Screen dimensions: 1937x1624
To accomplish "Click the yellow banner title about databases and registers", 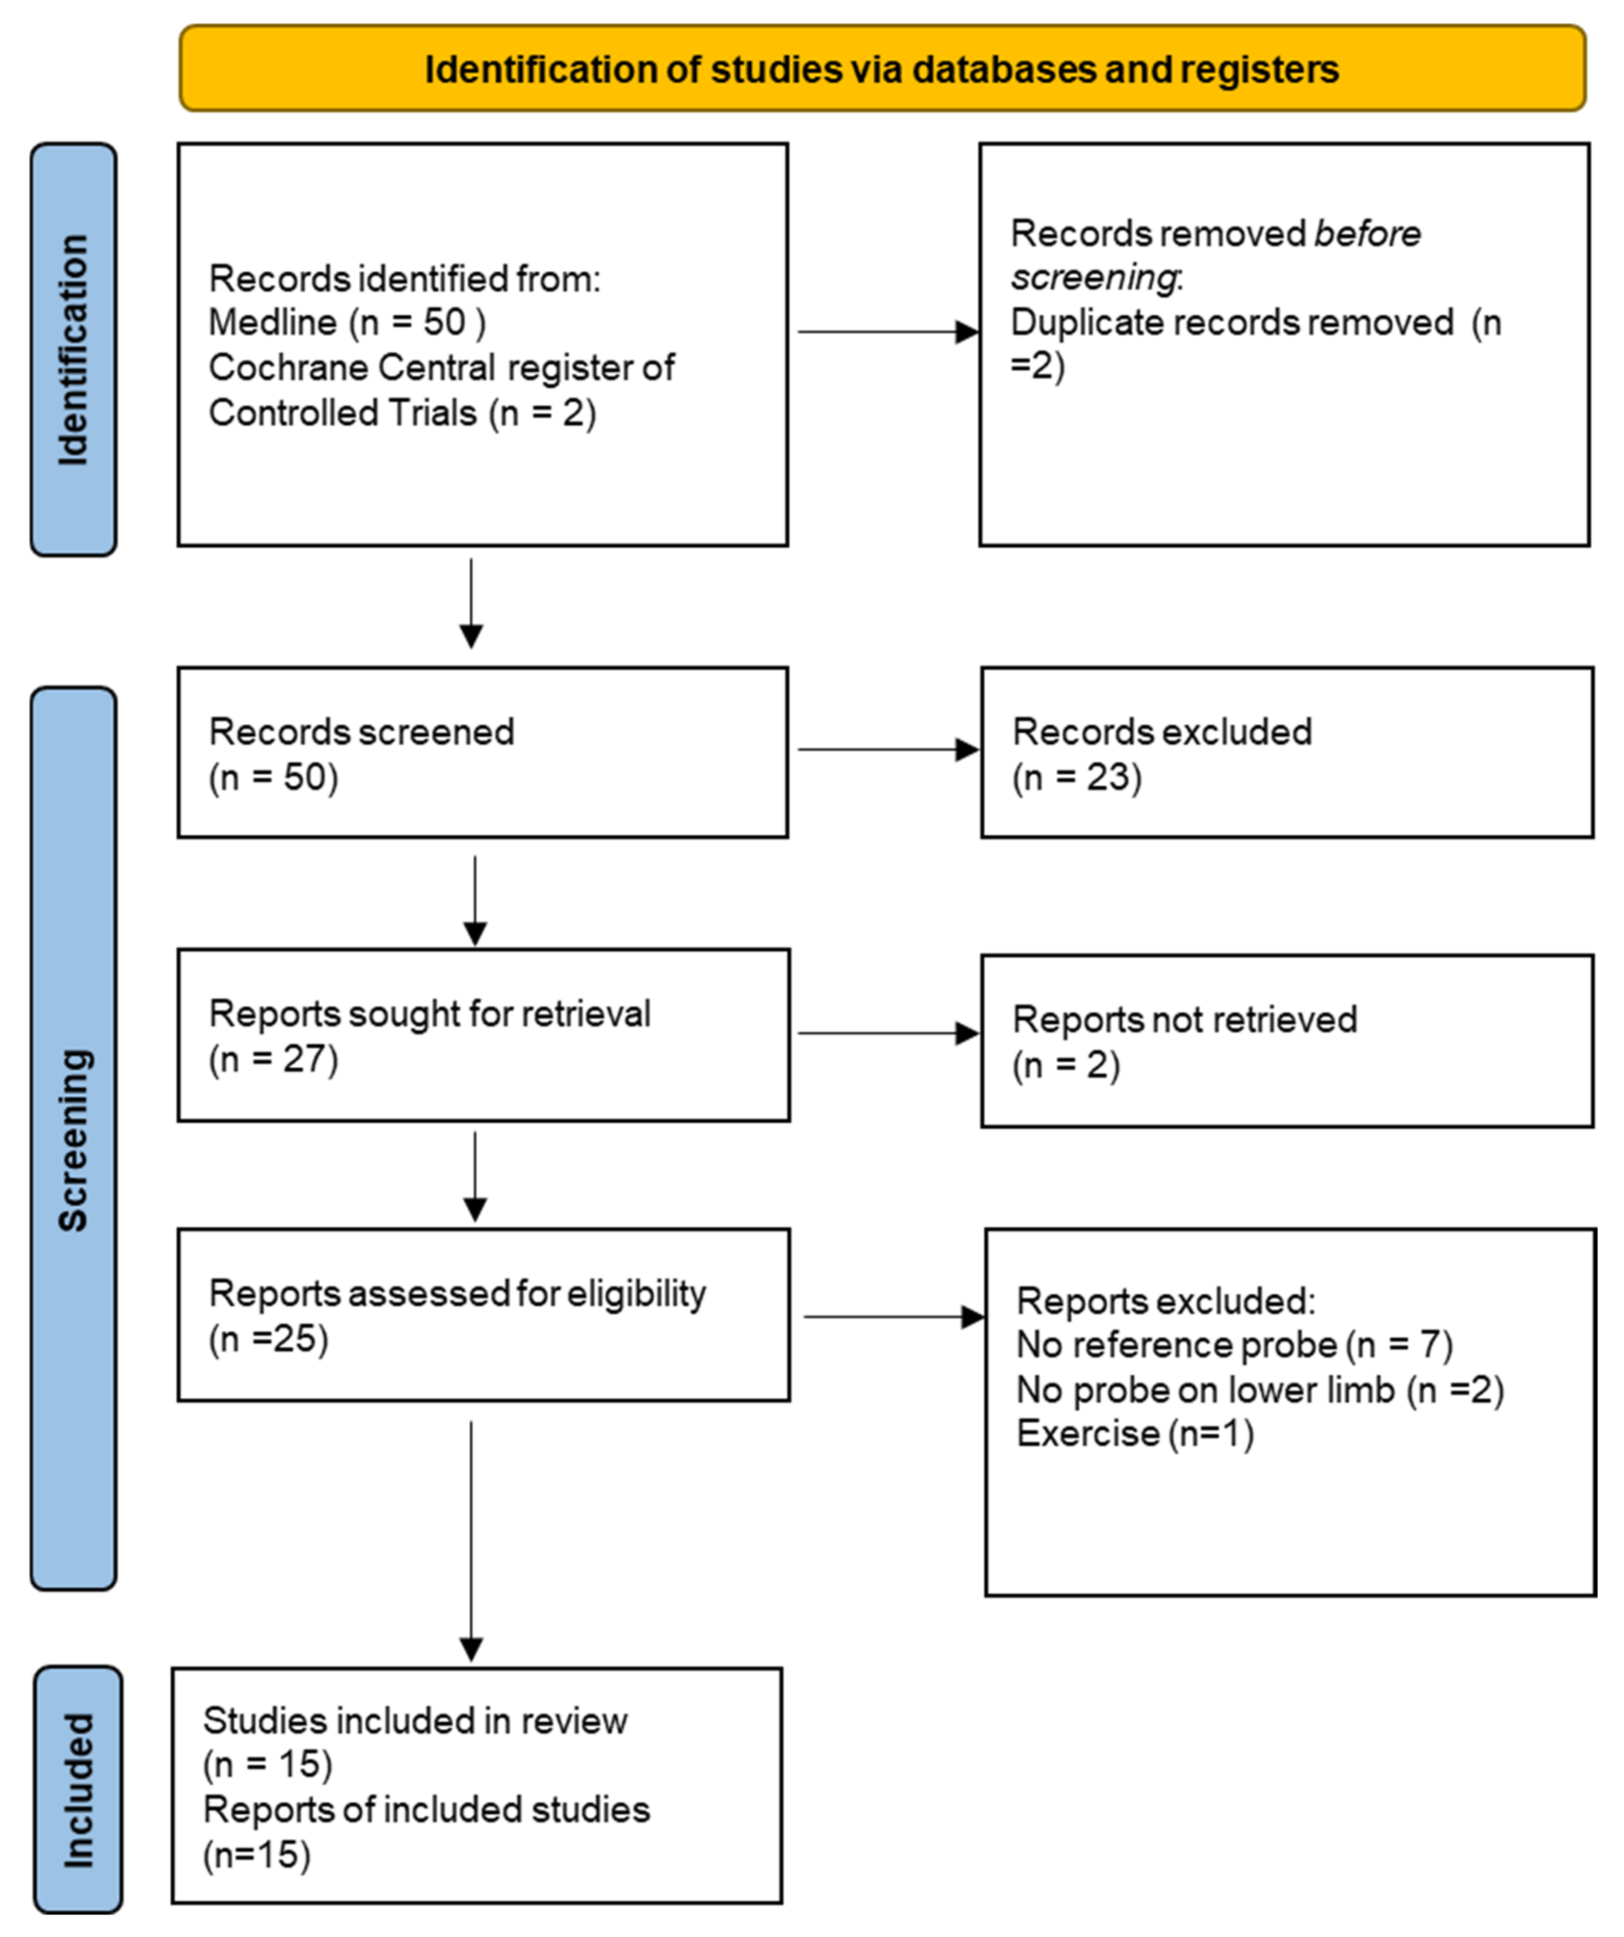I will (881, 69).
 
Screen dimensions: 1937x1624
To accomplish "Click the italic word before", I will (1367, 234).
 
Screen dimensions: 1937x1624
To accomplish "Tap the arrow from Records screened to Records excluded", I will (887, 749).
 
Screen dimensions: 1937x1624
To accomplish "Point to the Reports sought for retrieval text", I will (430, 1014).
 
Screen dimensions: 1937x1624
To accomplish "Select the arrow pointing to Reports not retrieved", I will (887, 1033).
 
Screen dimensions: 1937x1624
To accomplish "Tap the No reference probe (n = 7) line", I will (1234, 1345).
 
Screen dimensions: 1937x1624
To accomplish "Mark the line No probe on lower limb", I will (1259, 1389).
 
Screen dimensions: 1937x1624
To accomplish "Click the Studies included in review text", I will (415, 1720).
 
